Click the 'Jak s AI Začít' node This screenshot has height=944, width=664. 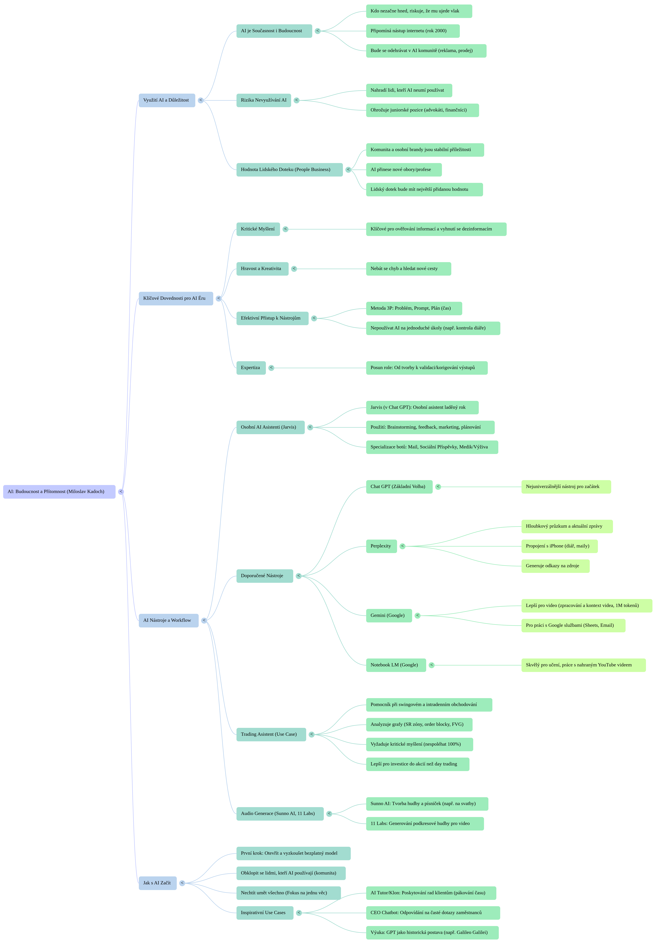157,883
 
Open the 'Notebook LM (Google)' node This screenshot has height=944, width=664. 395,665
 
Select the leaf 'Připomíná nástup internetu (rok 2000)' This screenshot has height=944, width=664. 413,31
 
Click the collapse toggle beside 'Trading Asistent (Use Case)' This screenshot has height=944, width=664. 311,734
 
